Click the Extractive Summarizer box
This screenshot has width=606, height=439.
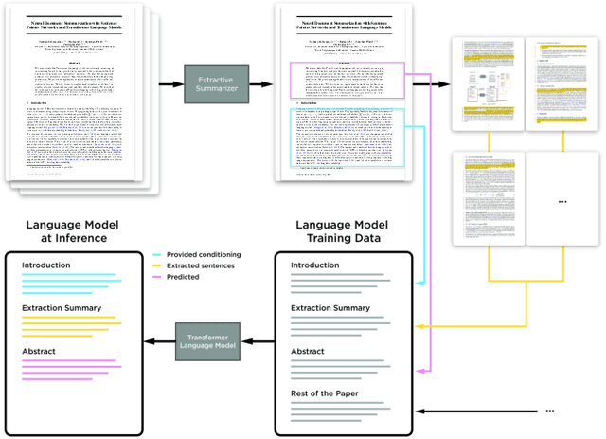click(x=215, y=84)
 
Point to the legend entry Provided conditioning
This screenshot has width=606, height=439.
click(x=202, y=255)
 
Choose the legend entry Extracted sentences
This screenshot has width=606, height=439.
click(x=202, y=266)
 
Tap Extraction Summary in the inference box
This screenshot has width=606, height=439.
click(x=63, y=308)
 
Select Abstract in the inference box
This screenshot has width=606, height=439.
click(x=44, y=351)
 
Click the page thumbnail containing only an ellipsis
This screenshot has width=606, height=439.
click(x=562, y=200)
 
